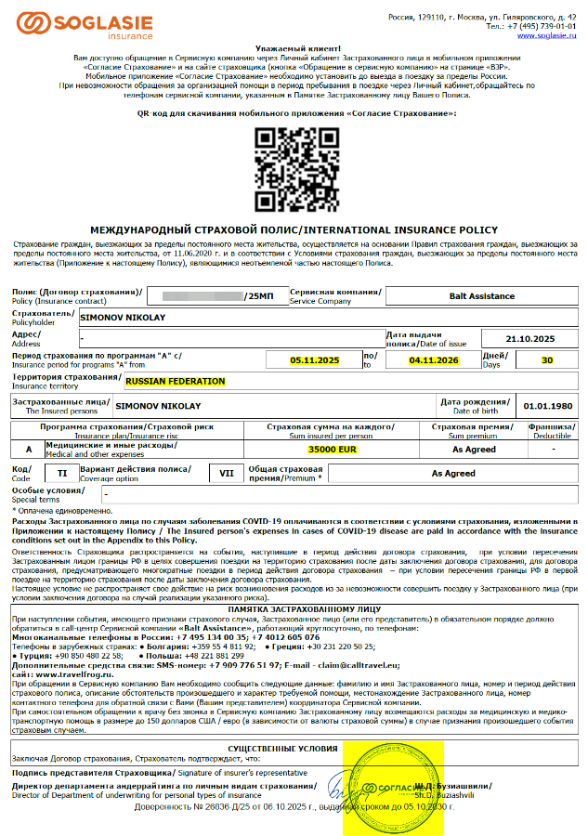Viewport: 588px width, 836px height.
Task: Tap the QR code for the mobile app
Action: click(294, 166)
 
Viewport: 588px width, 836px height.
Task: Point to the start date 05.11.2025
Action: click(315, 359)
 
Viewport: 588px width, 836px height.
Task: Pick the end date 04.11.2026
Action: click(434, 359)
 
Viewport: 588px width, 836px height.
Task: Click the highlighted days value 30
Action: click(546, 359)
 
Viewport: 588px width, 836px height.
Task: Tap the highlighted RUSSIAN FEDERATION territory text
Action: click(176, 381)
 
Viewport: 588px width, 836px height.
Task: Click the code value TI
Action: click(62, 473)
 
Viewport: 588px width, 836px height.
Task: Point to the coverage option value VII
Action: click(226, 473)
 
